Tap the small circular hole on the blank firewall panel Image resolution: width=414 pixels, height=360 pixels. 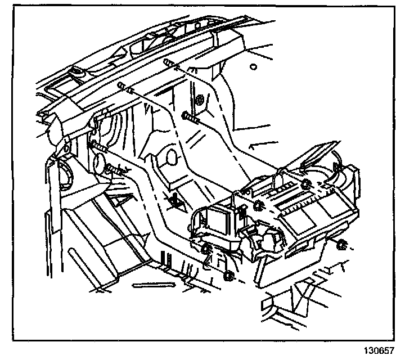tap(254, 67)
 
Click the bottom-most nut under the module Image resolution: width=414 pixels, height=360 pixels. tap(228, 276)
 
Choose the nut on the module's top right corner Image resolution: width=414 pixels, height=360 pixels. tap(307, 185)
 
